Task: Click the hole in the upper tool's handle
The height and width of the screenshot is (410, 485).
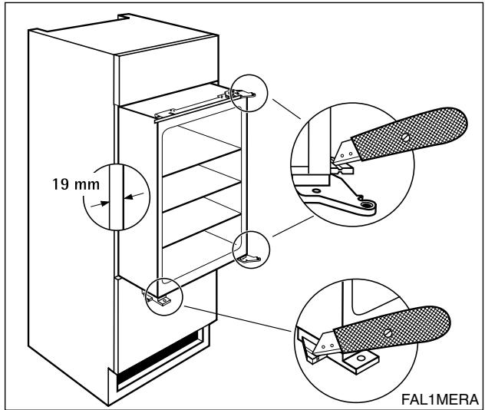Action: point(404,139)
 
